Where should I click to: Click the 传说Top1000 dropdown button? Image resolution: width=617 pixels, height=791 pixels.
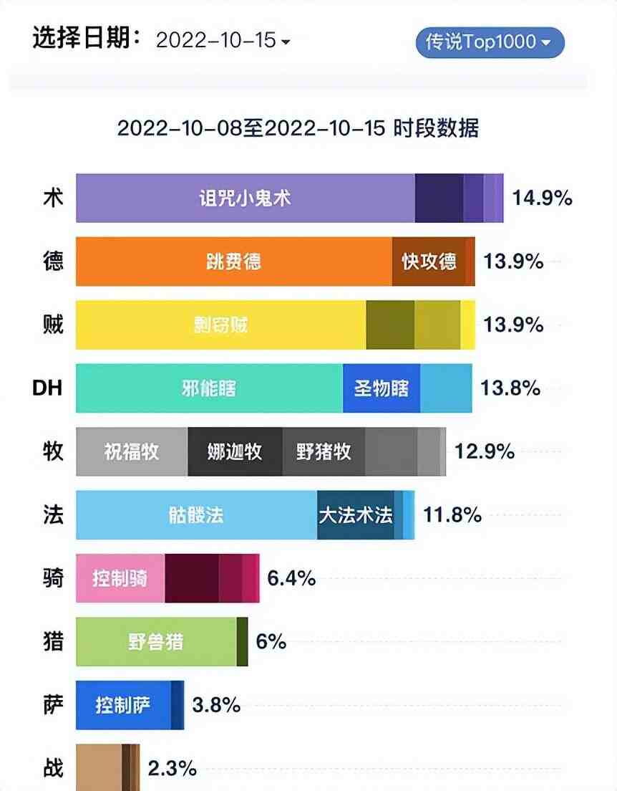(x=490, y=42)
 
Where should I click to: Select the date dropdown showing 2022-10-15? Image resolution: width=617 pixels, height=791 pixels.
(x=223, y=41)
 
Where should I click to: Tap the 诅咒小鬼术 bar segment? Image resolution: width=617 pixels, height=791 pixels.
(x=246, y=198)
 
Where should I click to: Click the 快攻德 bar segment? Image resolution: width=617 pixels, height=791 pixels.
(x=429, y=262)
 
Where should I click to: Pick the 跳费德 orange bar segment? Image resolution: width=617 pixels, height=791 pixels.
(x=234, y=262)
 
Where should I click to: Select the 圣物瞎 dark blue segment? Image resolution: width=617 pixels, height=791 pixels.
(x=382, y=388)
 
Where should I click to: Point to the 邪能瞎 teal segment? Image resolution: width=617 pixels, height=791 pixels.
(x=209, y=388)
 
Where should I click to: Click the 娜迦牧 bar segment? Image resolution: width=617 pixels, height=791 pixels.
(x=235, y=451)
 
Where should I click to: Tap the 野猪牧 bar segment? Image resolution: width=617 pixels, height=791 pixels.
(x=324, y=451)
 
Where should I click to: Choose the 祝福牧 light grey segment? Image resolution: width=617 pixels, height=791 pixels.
(x=132, y=451)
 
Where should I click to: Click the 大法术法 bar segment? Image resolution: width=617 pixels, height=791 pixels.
(x=356, y=515)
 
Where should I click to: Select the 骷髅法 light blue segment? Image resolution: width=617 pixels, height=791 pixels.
(x=197, y=515)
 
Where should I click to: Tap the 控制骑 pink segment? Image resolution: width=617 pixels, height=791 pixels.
(x=120, y=578)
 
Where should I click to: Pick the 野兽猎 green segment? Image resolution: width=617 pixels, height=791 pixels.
(x=156, y=641)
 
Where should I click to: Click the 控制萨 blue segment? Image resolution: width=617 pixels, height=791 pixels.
(x=123, y=705)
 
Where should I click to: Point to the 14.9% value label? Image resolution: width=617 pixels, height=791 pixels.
(x=542, y=198)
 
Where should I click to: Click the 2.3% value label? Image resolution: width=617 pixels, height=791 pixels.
(x=172, y=769)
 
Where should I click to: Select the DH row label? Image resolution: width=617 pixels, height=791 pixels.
(x=48, y=388)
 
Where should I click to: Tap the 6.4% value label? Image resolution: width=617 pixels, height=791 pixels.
(x=291, y=578)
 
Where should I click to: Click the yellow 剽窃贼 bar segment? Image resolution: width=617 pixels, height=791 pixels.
(x=221, y=325)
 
